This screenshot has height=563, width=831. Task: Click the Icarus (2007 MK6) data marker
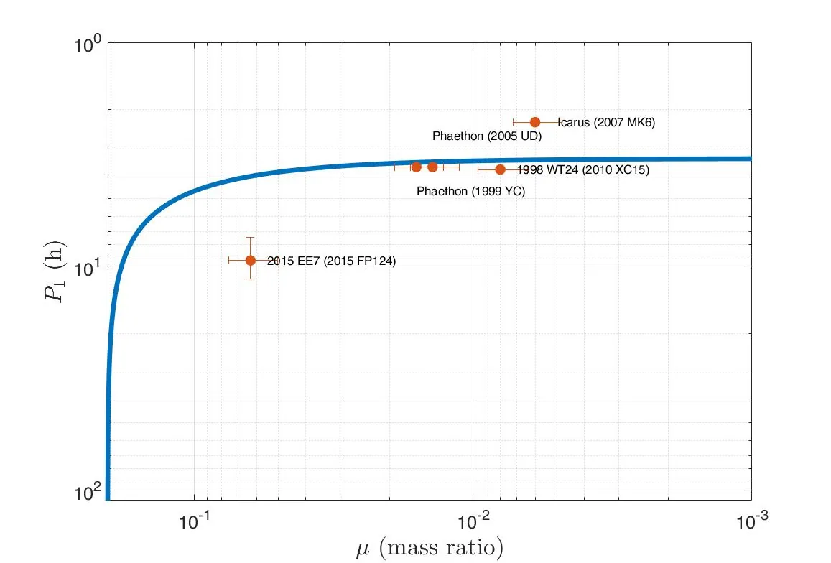coord(534,122)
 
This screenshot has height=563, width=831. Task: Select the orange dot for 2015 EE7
coord(250,260)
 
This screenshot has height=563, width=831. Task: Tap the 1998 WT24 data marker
coord(500,169)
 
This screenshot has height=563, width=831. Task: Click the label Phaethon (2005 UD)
coord(486,136)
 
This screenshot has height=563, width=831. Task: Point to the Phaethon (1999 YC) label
coord(470,191)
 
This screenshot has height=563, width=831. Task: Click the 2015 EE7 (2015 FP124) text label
coord(331,261)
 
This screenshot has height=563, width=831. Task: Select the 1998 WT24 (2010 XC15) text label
coord(583,170)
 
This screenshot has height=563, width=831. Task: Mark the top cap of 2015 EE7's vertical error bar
coord(250,237)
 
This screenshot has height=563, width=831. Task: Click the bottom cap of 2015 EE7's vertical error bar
coord(250,279)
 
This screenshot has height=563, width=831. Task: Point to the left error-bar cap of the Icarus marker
coord(513,122)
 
